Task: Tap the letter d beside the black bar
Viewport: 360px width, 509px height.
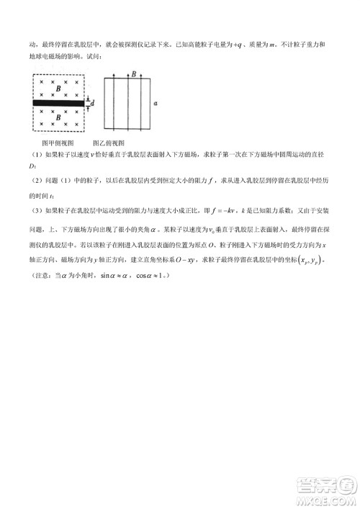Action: [x=92, y=104]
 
